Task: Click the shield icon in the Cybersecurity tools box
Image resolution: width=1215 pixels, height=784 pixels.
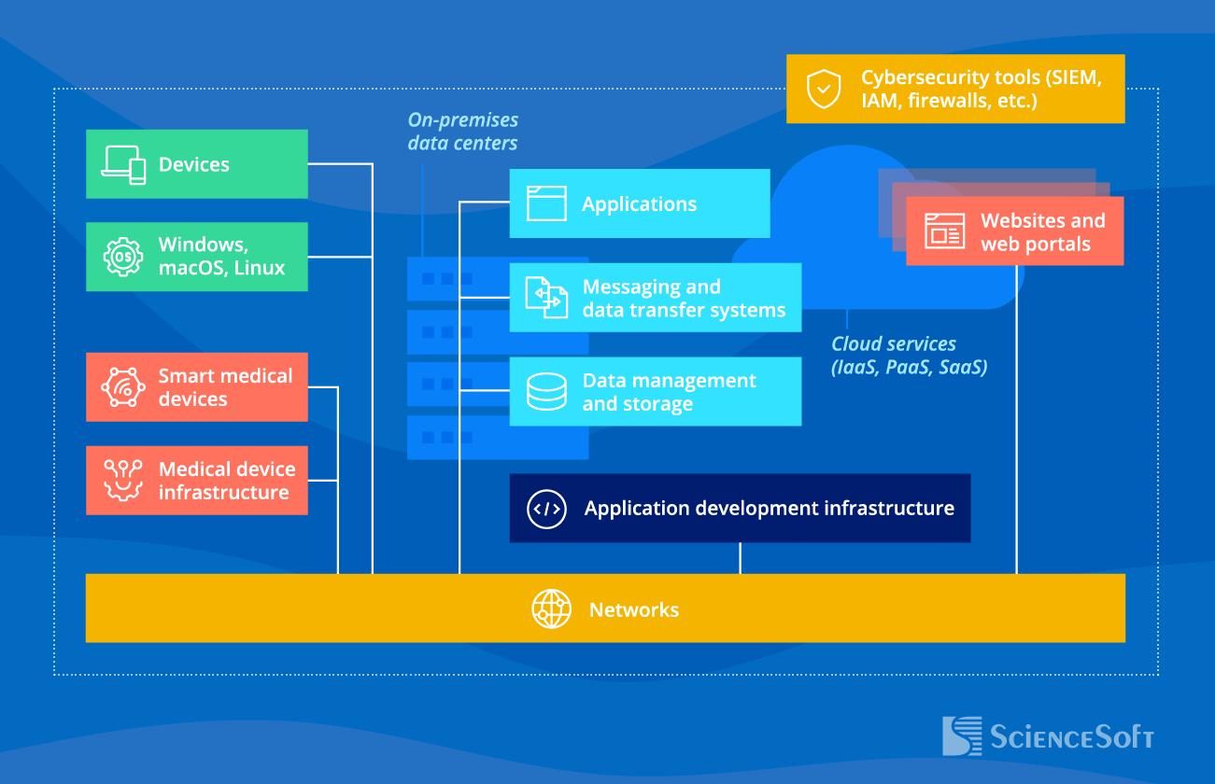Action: [x=824, y=89]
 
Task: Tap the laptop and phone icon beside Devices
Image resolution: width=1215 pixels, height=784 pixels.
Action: [x=123, y=165]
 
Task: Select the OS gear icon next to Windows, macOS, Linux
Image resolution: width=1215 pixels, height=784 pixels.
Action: [x=123, y=257]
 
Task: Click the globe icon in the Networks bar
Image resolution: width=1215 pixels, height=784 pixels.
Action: [x=551, y=609]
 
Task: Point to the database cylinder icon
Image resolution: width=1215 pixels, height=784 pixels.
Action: [x=546, y=391]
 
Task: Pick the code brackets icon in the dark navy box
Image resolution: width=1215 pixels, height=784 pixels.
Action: [x=546, y=509]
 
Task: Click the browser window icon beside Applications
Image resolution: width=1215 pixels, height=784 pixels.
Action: [x=546, y=203]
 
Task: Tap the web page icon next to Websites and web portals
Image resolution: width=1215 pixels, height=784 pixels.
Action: [x=944, y=231]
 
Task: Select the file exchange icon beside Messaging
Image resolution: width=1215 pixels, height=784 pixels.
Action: [x=546, y=297]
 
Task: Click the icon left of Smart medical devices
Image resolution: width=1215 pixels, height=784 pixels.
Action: [x=123, y=387]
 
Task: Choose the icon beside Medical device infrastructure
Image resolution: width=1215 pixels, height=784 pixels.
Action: [x=123, y=480]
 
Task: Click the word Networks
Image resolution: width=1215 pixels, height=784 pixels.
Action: [x=633, y=610]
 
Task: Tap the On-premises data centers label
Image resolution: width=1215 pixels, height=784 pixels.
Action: [x=462, y=132]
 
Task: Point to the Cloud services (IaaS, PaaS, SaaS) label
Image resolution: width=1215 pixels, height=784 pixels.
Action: [x=909, y=355]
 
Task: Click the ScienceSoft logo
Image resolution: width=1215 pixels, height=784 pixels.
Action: [x=1048, y=735]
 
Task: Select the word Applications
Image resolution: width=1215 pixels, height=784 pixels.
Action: [x=639, y=204]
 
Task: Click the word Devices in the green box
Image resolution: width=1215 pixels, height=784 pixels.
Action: [x=193, y=164]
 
